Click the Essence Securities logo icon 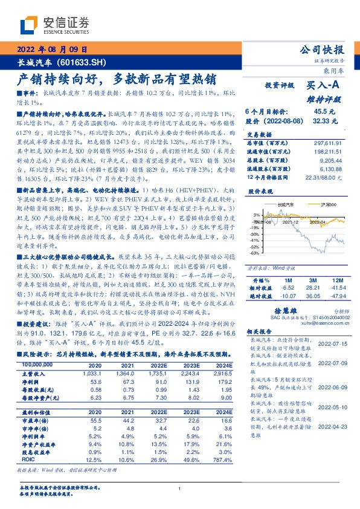tap(31, 25)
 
